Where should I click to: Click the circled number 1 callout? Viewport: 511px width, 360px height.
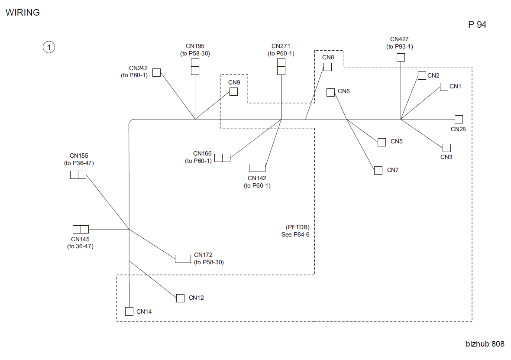point(49,47)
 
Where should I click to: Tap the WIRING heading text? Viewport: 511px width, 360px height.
point(23,13)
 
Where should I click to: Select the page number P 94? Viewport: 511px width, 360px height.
point(477,24)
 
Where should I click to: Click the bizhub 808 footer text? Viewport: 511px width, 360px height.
point(485,344)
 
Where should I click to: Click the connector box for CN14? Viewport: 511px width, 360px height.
point(129,311)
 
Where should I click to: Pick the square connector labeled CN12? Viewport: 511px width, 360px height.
point(180,298)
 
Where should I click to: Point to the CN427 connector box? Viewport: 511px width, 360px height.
point(401,57)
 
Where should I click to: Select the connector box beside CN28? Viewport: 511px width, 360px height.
point(459,119)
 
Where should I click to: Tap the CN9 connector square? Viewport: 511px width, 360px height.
point(234,92)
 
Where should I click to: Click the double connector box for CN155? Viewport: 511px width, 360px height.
point(78,175)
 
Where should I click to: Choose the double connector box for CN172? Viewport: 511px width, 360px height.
point(183,259)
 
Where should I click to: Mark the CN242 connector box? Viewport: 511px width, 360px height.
point(157,72)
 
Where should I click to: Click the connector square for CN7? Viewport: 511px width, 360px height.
point(378,170)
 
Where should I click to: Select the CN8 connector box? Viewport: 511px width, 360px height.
point(327,67)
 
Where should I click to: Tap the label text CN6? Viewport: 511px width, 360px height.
point(343,91)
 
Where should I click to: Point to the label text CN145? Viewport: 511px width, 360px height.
point(80,239)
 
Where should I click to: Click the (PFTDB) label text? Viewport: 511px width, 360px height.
point(298,227)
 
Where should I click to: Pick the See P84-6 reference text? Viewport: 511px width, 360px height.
point(295,234)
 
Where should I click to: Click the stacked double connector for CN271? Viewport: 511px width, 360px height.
point(281,67)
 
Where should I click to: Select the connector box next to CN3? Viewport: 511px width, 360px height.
point(446,148)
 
